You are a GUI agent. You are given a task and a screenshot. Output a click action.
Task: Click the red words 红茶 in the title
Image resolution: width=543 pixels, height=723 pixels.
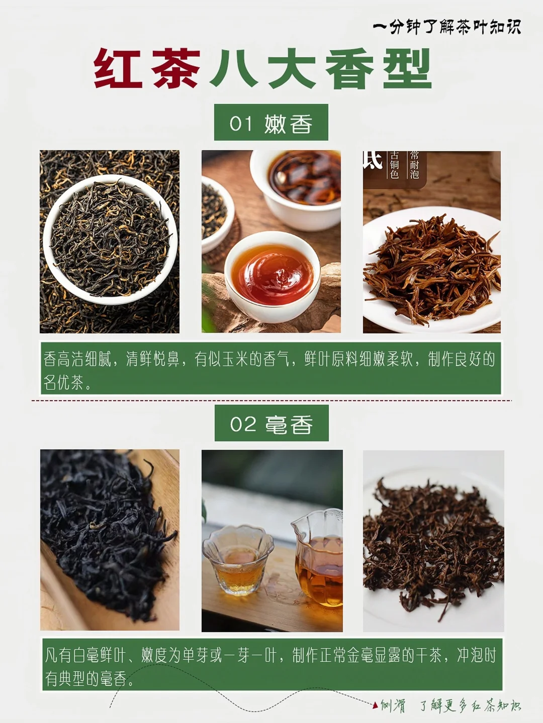coord(147,69)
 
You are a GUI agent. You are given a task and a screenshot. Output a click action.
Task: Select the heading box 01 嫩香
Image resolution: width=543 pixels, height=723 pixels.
coord(271,123)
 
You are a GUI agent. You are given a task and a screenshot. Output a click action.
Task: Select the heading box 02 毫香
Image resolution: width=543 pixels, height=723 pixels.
coord(271,424)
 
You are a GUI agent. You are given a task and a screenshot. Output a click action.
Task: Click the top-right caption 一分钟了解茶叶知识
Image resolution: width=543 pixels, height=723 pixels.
coord(446,26)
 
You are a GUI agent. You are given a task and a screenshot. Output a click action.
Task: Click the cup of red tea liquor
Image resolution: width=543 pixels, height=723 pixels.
coord(272,272)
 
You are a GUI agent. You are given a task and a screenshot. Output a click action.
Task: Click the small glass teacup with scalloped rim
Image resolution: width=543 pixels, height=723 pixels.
coord(237,560)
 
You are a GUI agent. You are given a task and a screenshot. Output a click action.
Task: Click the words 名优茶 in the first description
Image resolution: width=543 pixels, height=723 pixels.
coord(63,383)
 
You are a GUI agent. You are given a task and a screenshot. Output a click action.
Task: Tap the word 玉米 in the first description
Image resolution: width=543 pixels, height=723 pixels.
coord(235,359)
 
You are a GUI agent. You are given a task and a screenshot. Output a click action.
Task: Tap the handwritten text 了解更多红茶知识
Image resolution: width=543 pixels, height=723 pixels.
coord(470,706)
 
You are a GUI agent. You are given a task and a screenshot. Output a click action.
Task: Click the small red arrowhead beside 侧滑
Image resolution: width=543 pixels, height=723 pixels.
coord(375,705)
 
